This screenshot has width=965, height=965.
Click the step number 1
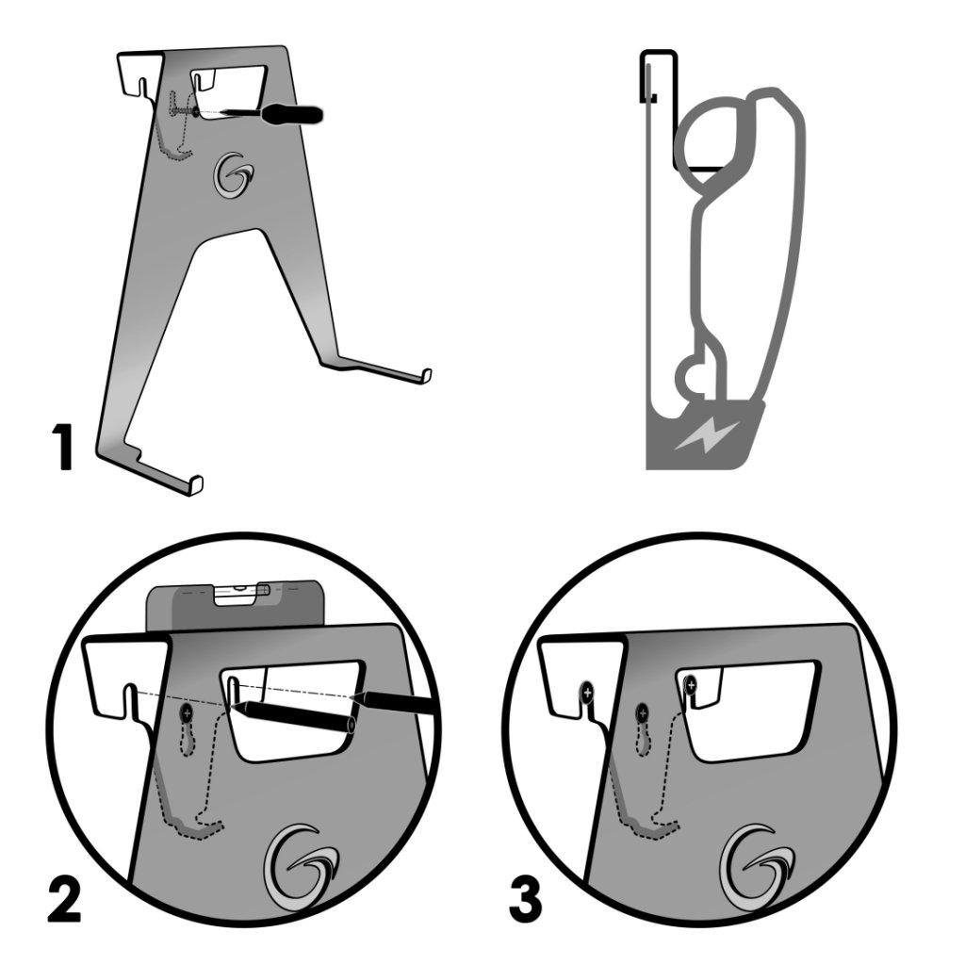coord(62,449)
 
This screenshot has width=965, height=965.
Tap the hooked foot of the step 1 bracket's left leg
coord(195,483)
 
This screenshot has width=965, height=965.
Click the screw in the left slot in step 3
coord(587,694)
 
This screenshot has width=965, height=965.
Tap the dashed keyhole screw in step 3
coord(644,712)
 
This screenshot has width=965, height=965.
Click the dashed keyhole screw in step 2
coord(187,712)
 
